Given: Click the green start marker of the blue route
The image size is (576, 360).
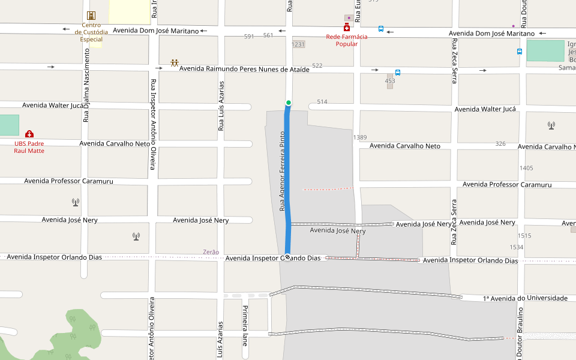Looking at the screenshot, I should click(x=289, y=103).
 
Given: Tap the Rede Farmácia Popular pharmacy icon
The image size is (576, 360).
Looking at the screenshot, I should click(x=347, y=28).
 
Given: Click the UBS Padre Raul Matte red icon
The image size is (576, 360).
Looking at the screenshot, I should click(x=29, y=134).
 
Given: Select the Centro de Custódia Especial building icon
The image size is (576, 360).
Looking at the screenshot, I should click(x=91, y=16).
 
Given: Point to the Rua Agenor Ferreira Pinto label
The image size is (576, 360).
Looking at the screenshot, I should click(x=282, y=170).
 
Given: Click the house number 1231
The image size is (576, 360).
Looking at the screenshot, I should click(x=298, y=44).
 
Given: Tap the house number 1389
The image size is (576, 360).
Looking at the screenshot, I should click(x=360, y=137).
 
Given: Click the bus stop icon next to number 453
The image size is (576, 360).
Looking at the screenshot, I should click(x=398, y=72).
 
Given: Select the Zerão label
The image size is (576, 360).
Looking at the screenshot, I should click(x=211, y=252).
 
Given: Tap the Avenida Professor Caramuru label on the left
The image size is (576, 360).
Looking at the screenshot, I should click(x=77, y=181).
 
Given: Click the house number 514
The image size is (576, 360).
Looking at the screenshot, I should click(x=322, y=102).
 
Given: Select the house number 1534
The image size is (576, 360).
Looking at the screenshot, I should click(x=517, y=247).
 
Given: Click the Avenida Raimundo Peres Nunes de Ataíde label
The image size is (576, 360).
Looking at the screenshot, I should click(x=244, y=70).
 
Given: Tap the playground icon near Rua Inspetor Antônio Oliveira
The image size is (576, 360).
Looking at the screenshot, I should click(x=175, y=63).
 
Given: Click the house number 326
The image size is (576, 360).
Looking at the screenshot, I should click(x=500, y=144).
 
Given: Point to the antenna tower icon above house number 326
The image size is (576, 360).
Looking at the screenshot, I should click(x=551, y=125).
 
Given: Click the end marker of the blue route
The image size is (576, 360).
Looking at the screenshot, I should click(x=288, y=257).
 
